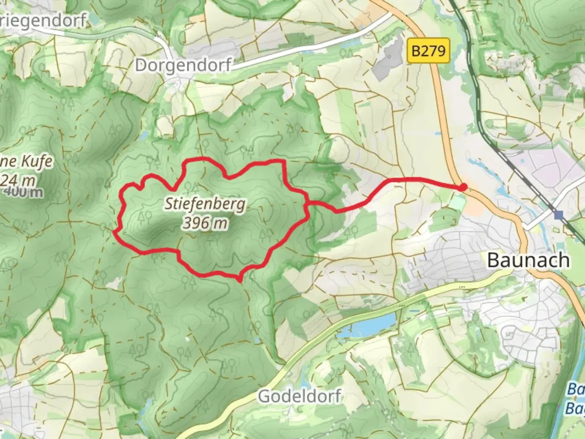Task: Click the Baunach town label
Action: click(528, 260)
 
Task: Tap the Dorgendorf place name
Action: click(183, 65)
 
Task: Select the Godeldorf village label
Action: click(300, 396)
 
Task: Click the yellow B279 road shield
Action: click(428, 51)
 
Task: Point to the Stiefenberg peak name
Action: click(205, 204)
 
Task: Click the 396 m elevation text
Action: click(205, 223)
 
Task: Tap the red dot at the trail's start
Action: click(462, 187)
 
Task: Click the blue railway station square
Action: click(560, 215)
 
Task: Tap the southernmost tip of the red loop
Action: click(239, 280)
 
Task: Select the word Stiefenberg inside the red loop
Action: click(205, 204)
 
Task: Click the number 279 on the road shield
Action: click(433, 51)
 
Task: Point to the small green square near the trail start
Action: click(458, 201)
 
